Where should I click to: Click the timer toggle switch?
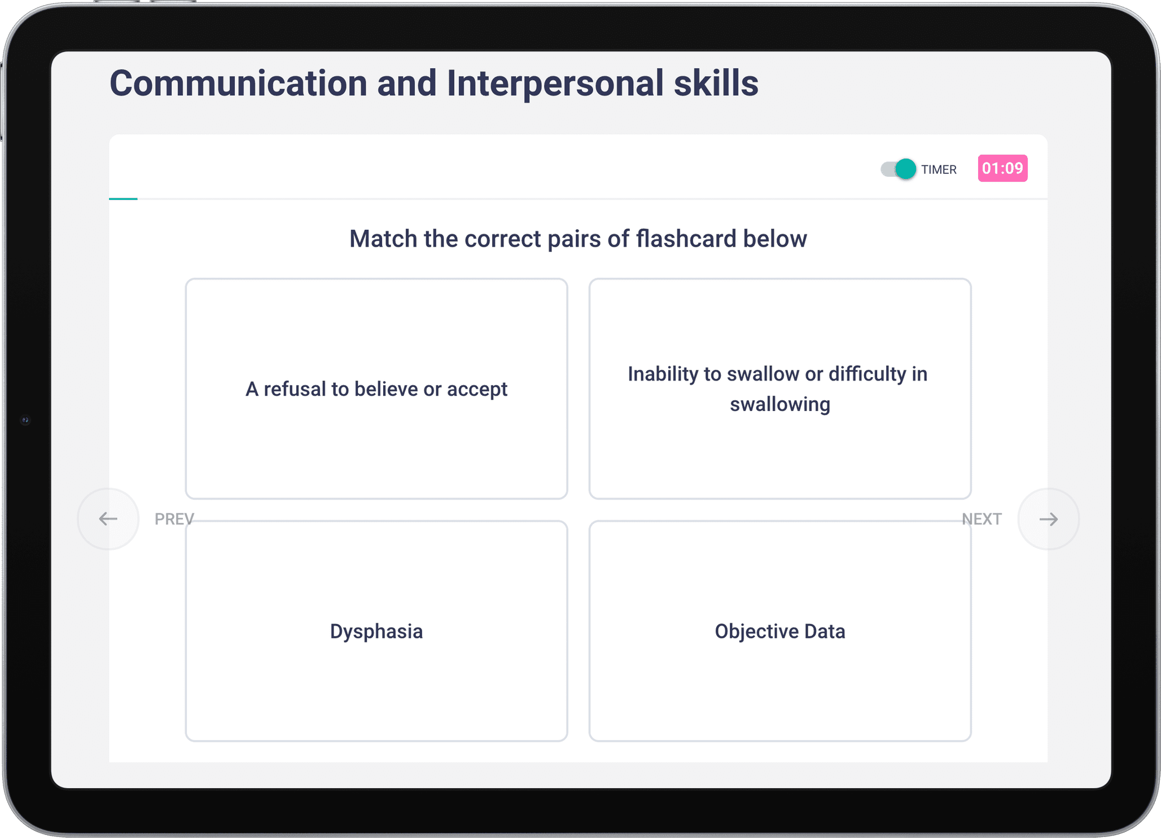click(x=898, y=169)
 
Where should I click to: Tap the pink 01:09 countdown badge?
click(x=1002, y=168)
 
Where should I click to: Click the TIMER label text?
click(x=939, y=169)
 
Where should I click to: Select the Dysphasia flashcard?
click(x=376, y=631)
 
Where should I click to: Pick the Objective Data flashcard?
click(x=780, y=631)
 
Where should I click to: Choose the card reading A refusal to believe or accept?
click(x=376, y=388)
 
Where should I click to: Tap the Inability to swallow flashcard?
click(x=780, y=388)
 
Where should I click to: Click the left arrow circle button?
click(x=108, y=519)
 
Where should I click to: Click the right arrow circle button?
click(x=1049, y=519)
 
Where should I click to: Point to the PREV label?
click(x=174, y=519)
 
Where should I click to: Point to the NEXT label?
click(x=982, y=519)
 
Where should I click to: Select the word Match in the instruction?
click(x=383, y=239)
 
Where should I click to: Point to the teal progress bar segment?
click(x=124, y=199)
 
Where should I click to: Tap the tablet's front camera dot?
click(x=25, y=420)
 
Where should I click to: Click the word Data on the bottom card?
click(x=825, y=631)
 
